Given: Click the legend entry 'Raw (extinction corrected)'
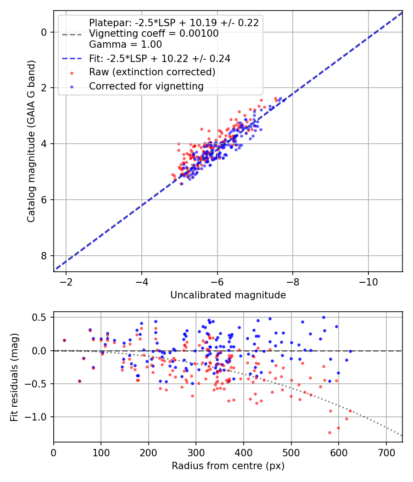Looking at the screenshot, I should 152,72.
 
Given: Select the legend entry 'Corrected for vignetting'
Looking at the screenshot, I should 146,86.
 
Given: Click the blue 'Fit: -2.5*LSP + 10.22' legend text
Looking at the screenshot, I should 159,58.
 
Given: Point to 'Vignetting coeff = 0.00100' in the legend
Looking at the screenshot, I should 154,34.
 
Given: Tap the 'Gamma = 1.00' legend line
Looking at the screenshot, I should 125,45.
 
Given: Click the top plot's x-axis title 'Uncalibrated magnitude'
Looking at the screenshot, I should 228,295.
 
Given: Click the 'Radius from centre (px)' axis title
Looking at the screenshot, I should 228,466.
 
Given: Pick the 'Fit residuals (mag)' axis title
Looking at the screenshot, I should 14,377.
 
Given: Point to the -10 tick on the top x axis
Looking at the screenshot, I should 368,281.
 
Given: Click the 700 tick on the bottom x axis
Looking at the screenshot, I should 386,452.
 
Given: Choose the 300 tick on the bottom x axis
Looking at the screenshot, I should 196,452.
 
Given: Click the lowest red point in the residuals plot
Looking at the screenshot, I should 329,432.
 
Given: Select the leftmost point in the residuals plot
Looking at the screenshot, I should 64,340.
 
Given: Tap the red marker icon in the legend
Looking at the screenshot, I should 72,73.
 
